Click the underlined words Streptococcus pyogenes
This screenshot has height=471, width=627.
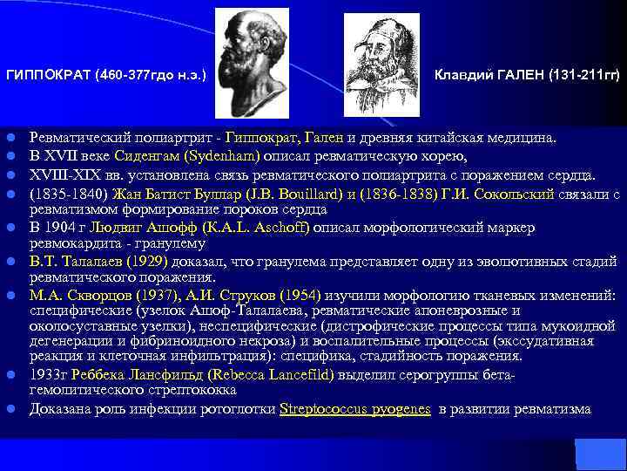pyautogui.click(x=355, y=408)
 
